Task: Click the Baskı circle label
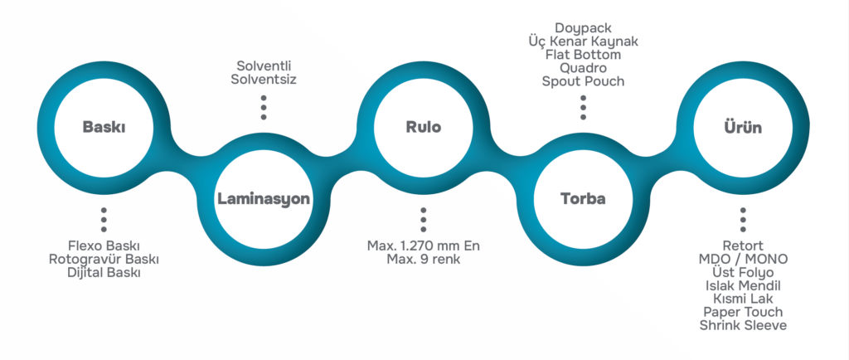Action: [104, 128]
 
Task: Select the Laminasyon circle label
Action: [263, 199]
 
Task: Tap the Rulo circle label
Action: [423, 128]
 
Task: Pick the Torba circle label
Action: [583, 199]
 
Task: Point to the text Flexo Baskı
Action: [104, 246]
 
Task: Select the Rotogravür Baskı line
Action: [104, 260]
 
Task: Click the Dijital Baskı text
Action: [104, 272]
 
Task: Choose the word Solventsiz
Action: [263, 80]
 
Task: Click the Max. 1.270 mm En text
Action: [423, 246]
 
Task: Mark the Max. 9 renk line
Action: [423, 260]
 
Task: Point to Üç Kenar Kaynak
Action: [583, 41]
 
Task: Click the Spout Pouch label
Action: [583, 81]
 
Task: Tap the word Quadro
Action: [583, 68]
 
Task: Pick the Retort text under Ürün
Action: [743, 246]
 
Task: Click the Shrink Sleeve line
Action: [743, 325]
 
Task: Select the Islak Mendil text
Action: [743, 286]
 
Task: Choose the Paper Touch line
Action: [743, 312]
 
